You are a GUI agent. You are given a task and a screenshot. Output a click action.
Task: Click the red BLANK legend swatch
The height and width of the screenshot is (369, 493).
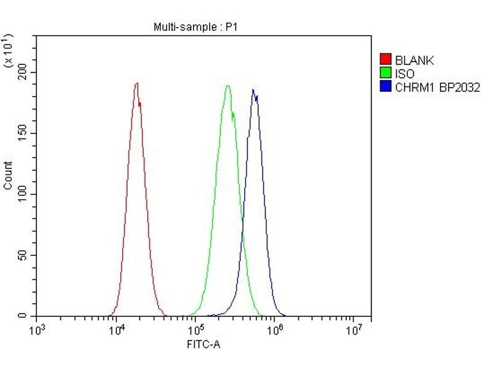[386, 60]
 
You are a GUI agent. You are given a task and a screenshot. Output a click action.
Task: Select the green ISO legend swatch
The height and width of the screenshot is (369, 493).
[386, 73]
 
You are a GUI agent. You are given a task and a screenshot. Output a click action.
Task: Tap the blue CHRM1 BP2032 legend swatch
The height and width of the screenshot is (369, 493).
[386, 87]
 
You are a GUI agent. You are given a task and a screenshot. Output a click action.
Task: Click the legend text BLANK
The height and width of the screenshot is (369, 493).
[414, 60]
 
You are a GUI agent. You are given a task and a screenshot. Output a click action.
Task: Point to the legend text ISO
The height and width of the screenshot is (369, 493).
[405, 74]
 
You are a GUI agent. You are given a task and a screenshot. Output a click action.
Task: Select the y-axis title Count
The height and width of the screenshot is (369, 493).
[8, 175]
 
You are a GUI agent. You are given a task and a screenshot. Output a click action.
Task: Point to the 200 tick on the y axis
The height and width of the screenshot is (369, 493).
[22, 73]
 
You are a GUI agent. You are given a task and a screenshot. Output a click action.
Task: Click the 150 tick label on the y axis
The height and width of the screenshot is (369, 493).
[22, 133]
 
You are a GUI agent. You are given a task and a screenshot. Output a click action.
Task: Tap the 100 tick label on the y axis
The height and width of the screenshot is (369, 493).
[22, 194]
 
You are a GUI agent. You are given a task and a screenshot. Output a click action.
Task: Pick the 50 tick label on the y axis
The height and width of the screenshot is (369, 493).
[24, 255]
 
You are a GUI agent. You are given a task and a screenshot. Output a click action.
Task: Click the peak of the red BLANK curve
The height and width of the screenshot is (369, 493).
[137, 84]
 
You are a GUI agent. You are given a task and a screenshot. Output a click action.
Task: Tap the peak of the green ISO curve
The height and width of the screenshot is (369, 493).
[227, 86]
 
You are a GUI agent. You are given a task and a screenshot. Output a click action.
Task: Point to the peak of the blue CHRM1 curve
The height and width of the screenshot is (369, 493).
[253, 90]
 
